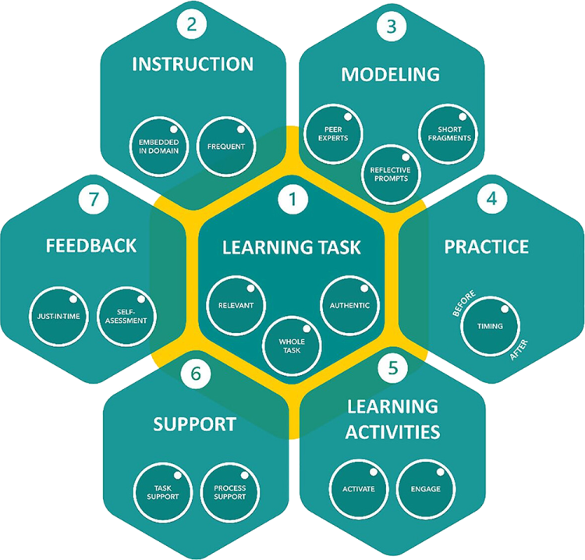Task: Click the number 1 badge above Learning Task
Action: (292, 200)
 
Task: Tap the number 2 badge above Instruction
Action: (192, 23)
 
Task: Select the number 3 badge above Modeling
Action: (391, 26)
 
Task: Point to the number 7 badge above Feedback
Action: (94, 199)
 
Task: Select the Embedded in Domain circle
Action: (159, 145)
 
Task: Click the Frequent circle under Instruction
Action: (226, 146)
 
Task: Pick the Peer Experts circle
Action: (331, 133)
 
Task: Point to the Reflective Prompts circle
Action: (390, 172)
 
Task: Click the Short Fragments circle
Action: (449, 133)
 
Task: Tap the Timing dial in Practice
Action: (490, 326)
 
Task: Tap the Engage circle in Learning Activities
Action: (426, 489)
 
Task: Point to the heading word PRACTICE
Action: (486, 246)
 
